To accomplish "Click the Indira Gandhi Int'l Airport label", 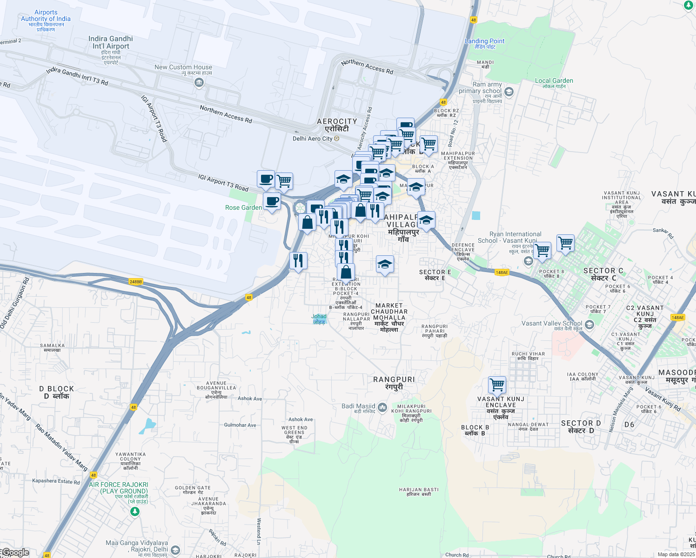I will point(111,42).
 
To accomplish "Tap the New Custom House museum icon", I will point(199,83).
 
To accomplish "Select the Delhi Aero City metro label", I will point(313,139).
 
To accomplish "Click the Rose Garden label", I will point(243,207).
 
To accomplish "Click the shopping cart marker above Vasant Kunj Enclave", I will point(497,385).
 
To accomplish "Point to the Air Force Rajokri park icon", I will point(134,511).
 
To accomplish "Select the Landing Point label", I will point(484,41).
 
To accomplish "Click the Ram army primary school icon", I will point(509,92).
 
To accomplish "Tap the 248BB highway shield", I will point(135,282).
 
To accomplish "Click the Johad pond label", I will point(319,316).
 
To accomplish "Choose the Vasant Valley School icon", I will point(589,324).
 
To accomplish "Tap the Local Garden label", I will point(554,80).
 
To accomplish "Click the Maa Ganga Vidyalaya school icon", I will point(175,551).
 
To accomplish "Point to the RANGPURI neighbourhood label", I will point(394,379).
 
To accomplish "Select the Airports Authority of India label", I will point(46,16).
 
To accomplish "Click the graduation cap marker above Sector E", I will point(385,265).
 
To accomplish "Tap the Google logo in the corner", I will point(15,552).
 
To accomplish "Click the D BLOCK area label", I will point(56,389).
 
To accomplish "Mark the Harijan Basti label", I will point(419,490).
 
